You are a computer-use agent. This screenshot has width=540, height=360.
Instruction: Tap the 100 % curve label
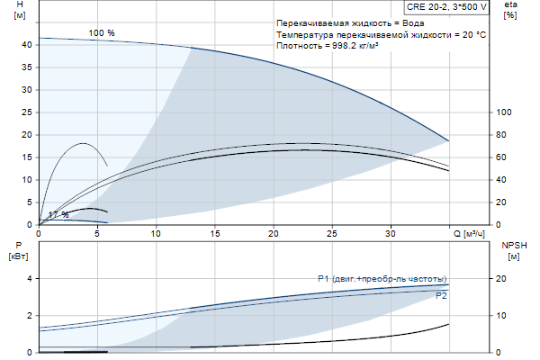[102, 33]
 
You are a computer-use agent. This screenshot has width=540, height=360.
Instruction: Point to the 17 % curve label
[58, 214]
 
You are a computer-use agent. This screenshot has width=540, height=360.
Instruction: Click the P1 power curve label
[382, 278]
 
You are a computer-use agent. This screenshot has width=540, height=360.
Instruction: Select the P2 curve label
[441, 295]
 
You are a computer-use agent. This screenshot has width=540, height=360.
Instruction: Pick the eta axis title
[510, 5]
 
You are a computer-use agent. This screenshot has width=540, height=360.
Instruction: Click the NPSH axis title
[513, 245]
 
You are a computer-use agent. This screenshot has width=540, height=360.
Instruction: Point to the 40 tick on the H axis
[27, 44]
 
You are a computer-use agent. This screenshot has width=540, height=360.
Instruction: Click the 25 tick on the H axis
[27, 112]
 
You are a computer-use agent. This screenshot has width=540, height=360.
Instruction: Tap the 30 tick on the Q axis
[391, 234]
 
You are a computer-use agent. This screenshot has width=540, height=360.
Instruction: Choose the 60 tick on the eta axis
[502, 157]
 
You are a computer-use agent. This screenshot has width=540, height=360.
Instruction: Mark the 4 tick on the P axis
[30, 279]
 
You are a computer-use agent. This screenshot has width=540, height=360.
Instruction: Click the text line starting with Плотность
[327, 45]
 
